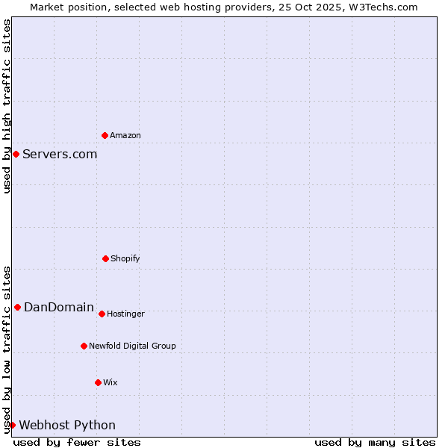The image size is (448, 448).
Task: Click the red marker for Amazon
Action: tap(105, 135)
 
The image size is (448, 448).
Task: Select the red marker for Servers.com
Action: tap(16, 154)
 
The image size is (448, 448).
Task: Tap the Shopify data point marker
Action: tap(105, 258)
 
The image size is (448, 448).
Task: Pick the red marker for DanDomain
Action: tap(17, 307)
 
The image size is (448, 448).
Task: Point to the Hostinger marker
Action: tap(102, 314)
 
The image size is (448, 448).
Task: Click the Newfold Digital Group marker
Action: tap(84, 346)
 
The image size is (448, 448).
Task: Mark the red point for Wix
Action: tap(98, 382)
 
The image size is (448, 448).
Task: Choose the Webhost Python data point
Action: tap(12, 425)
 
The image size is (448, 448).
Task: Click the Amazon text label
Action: tap(125, 135)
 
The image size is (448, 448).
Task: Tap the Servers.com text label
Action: tap(60, 154)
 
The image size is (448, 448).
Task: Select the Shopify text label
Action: tap(125, 258)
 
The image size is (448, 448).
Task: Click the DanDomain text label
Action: tap(59, 307)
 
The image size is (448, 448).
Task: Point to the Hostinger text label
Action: tap(125, 314)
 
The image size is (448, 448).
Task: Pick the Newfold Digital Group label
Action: tap(132, 346)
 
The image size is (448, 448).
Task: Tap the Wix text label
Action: tap(111, 382)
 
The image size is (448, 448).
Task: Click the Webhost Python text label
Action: tap(67, 425)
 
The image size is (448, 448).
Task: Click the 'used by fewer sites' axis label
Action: tap(77, 442)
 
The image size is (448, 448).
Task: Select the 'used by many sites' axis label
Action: tap(375, 442)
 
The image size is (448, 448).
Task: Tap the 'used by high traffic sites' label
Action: tap(7, 106)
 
